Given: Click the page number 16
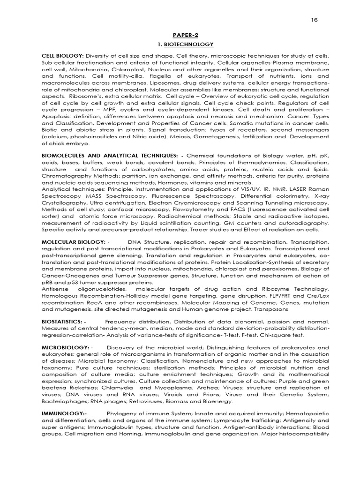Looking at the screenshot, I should point(314,21).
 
